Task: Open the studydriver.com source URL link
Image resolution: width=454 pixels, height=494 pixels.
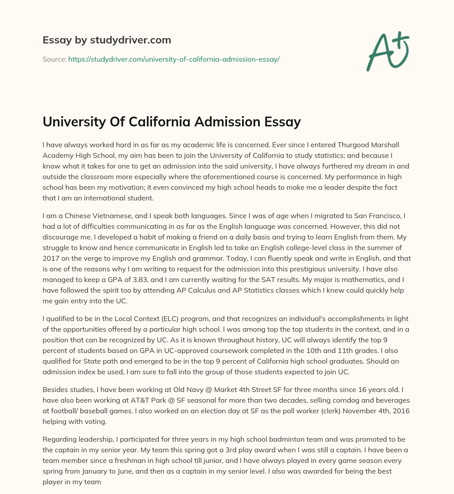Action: click(174, 59)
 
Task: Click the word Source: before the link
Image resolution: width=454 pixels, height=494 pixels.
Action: click(54, 59)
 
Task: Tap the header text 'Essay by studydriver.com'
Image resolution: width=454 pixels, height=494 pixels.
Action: click(106, 40)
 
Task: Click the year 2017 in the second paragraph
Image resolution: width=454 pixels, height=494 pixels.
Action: click(52, 258)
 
